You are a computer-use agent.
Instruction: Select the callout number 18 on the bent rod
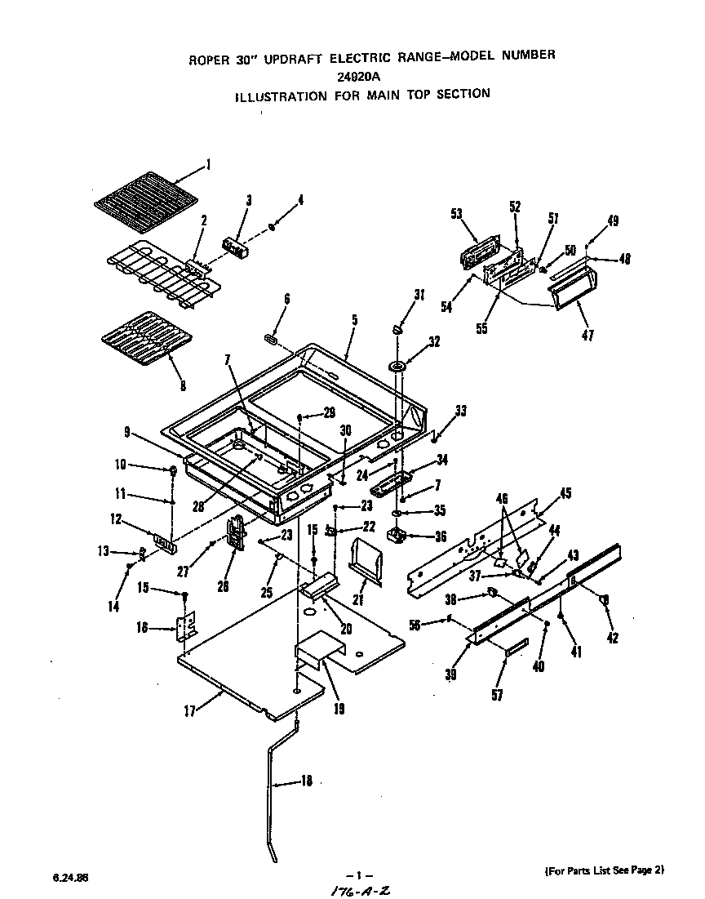pos(306,781)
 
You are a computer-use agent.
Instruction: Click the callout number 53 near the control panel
pos(456,215)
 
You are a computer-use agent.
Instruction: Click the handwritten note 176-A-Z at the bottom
pos(357,890)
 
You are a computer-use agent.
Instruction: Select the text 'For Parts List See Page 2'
pos(605,870)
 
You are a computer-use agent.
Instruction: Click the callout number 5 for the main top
pos(354,321)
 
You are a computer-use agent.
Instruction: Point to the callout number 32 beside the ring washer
pos(434,342)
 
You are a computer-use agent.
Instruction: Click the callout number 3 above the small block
pos(248,200)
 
